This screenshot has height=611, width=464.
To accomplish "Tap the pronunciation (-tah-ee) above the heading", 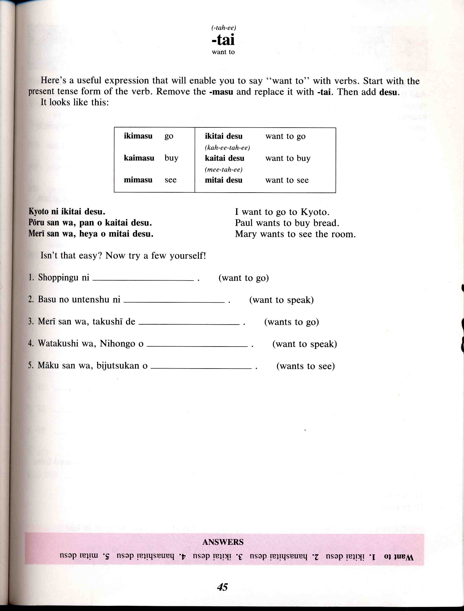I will pos(223,28).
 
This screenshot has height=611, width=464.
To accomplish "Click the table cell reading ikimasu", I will pos(138,136).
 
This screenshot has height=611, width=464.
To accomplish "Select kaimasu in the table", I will pos(139,158).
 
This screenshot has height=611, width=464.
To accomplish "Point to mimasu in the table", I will pos(138,180).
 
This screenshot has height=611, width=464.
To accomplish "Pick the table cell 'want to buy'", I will pos(288,158).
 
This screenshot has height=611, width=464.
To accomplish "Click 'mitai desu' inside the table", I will pos(223,180).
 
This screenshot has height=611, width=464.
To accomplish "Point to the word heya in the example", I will pos(88,234).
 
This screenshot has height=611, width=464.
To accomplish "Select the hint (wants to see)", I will pos(306,366).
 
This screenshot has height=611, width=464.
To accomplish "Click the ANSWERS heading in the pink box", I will pos(223,542).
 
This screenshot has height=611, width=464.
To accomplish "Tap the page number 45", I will pos(222,587).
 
